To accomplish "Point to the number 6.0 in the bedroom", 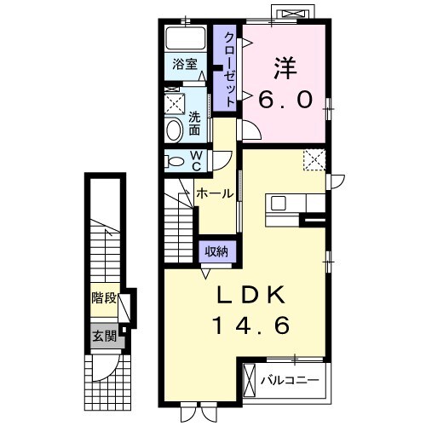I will pyautogui.click(x=285, y=98).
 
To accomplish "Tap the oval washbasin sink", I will pyautogui.click(x=173, y=130).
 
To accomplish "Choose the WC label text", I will pyautogui.click(x=195, y=160).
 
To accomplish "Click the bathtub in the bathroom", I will pyautogui.click(x=185, y=39).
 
